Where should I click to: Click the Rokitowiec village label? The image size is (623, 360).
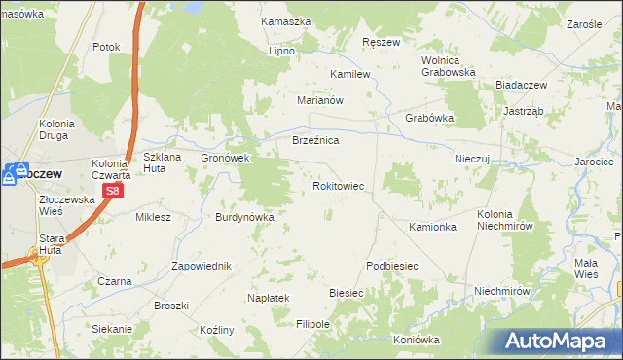(x=338, y=185)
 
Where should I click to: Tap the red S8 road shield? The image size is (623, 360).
(x=113, y=192)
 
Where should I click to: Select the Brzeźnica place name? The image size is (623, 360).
(x=315, y=141)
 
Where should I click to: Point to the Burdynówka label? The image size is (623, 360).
(x=244, y=217)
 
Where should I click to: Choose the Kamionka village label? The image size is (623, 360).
(x=432, y=227)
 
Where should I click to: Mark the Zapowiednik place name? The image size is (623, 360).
(x=201, y=266)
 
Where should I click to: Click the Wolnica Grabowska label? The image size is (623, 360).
(x=448, y=65)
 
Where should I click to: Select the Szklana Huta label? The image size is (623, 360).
(x=165, y=162)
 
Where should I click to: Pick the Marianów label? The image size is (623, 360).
(x=321, y=100)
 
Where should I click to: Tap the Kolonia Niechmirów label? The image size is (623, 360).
(x=506, y=220)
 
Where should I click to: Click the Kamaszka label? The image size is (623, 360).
(x=286, y=21)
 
